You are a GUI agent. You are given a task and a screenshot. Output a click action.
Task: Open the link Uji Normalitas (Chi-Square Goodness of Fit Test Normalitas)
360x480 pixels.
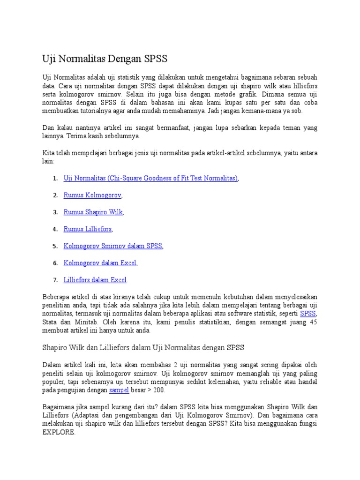150,178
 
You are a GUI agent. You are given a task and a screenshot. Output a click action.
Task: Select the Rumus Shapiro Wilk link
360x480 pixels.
93,212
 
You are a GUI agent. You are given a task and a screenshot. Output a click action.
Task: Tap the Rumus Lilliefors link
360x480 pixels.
88,229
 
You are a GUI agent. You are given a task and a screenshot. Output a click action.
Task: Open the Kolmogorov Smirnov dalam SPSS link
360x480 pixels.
112,246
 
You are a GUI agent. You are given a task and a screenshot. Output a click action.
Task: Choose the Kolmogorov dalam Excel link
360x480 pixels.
100,263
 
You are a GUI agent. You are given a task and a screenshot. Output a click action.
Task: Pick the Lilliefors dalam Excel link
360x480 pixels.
95,280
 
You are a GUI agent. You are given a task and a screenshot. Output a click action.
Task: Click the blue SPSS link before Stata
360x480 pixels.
308,314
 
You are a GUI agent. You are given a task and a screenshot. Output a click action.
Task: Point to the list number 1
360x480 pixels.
55,178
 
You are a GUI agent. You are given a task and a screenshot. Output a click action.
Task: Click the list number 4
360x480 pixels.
55,229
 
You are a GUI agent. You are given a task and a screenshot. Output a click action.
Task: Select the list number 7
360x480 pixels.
55,280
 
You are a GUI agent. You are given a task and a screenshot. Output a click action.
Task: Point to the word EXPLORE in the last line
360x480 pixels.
58,432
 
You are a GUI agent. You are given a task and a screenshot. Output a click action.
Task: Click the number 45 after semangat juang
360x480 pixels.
313,322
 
